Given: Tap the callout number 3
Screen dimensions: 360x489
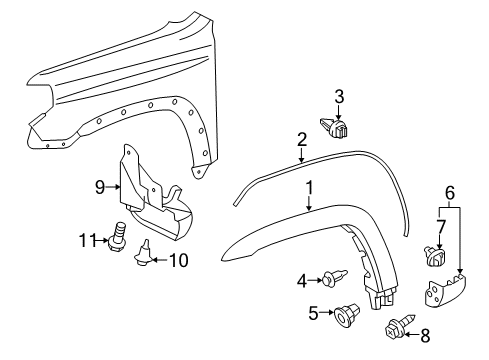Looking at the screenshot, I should point(339,96).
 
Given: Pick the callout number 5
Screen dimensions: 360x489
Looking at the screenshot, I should point(313,313).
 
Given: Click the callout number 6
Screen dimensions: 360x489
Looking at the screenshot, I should point(450,193).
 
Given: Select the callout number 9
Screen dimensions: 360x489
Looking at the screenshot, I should point(99,185).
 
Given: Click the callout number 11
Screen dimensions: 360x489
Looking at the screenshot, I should point(87,240).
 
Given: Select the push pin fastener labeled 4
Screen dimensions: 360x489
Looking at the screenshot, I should point(336,281).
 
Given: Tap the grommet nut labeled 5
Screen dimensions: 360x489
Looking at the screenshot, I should point(347,317).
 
